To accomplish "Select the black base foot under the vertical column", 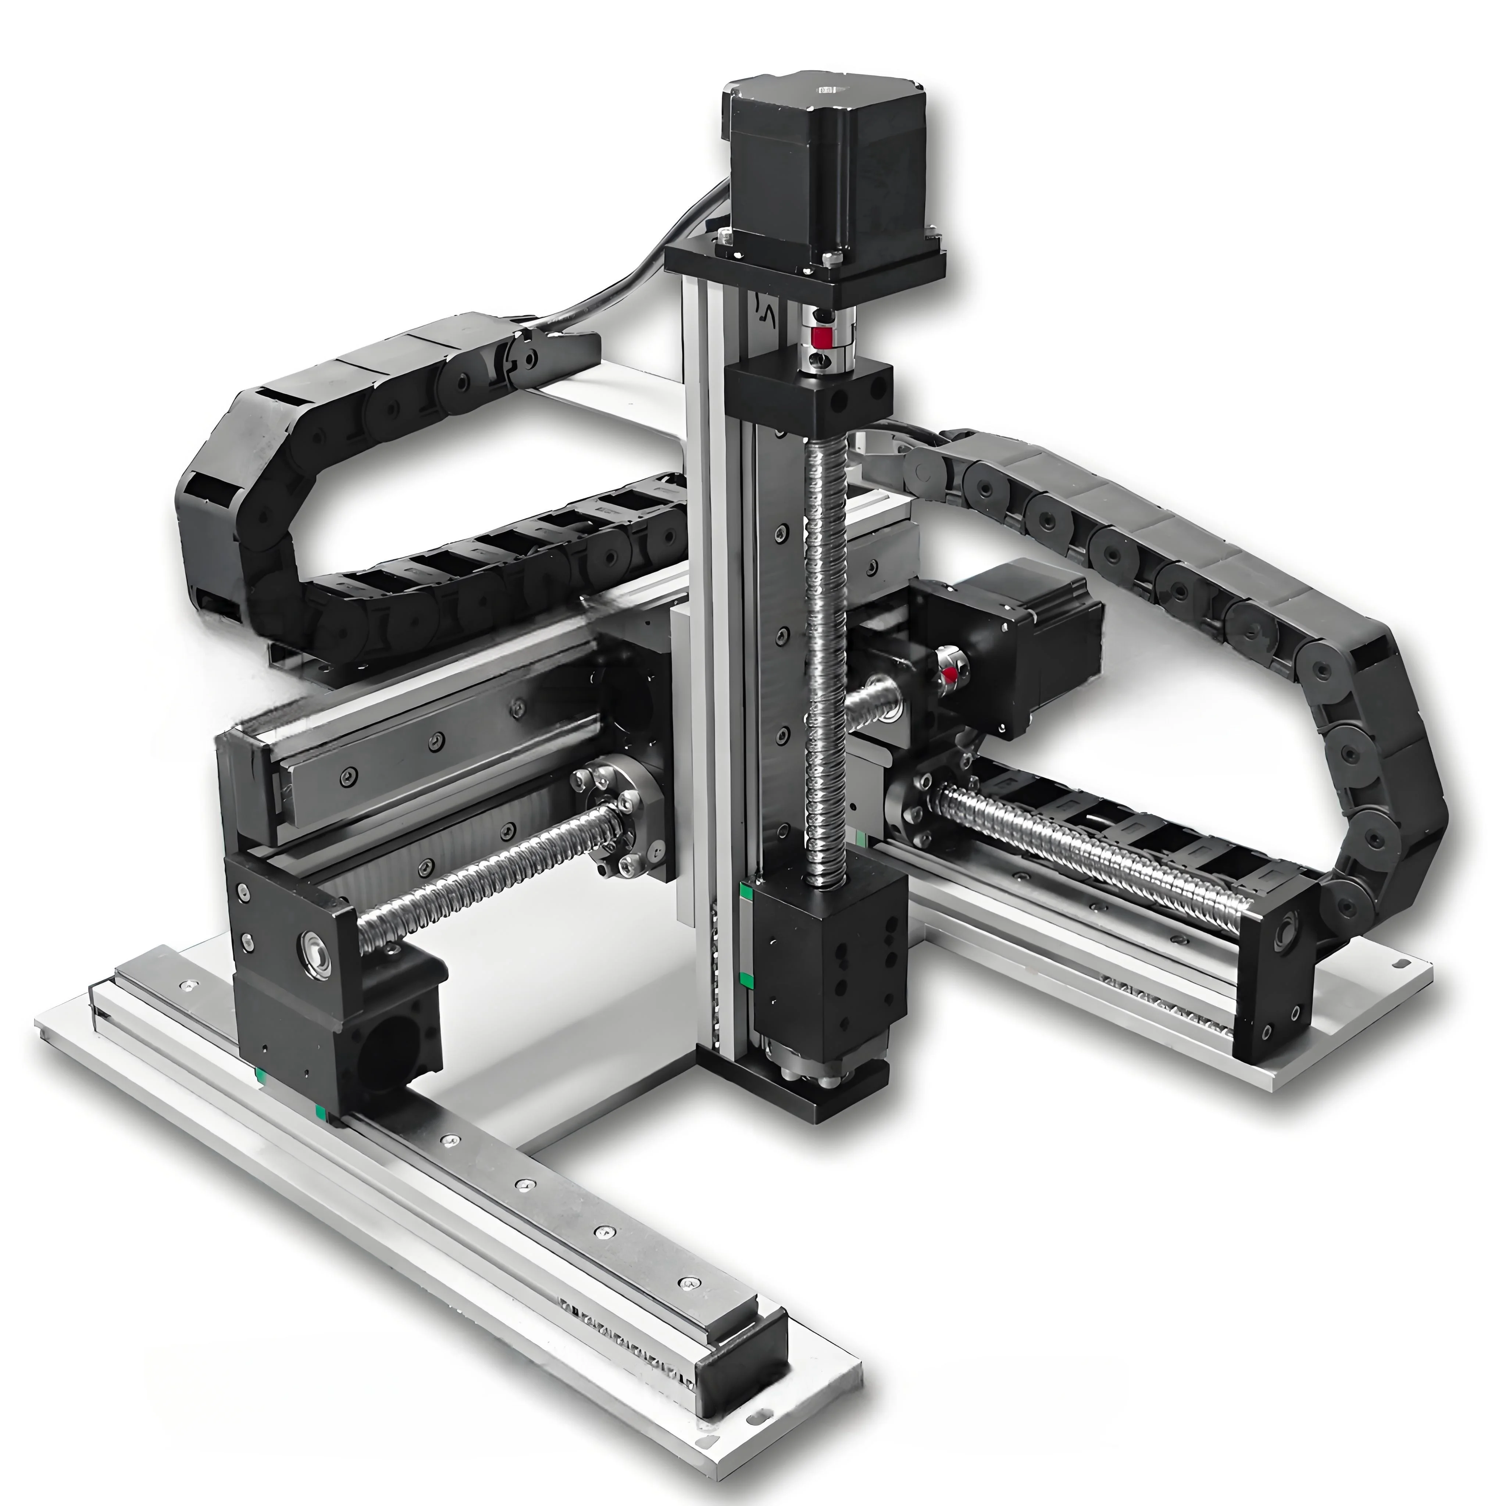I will coord(795,1091).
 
